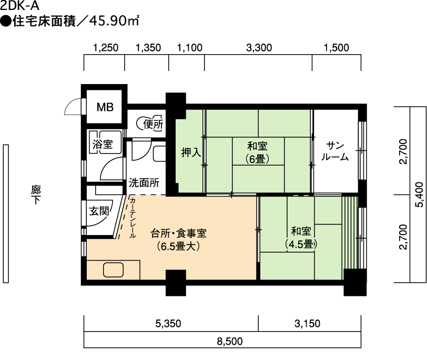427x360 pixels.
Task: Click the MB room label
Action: (x=105, y=107)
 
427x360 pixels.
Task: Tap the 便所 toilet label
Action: (x=153, y=125)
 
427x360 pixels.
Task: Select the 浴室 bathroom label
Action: (x=103, y=144)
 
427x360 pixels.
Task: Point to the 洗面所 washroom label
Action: (x=144, y=183)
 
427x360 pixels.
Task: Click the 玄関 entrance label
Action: (x=99, y=211)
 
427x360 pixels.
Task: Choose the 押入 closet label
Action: (x=191, y=152)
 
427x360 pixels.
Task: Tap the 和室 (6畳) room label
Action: (x=257, y=152)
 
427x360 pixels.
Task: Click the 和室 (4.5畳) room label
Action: (x=301, y=238)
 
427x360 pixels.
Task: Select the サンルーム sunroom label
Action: (x=335, y=151)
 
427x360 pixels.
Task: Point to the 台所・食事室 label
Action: (x=178, y=233)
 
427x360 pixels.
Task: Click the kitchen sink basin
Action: (x=113, y=270)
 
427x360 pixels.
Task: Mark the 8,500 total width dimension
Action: (x=230, y=341)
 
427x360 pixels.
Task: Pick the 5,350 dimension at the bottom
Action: (x=168, y=324)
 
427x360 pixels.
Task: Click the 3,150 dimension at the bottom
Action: (x=308, y=324)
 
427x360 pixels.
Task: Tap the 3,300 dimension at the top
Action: (x=259, y=48)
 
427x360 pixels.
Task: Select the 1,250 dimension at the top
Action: (x=106, y=48)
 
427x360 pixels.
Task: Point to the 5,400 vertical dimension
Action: (x=420, y=194)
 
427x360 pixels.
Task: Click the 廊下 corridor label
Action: (x=36, y=194)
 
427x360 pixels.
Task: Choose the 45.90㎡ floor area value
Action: (x=114, y=21)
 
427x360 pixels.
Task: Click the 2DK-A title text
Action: (x=19, y=5)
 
